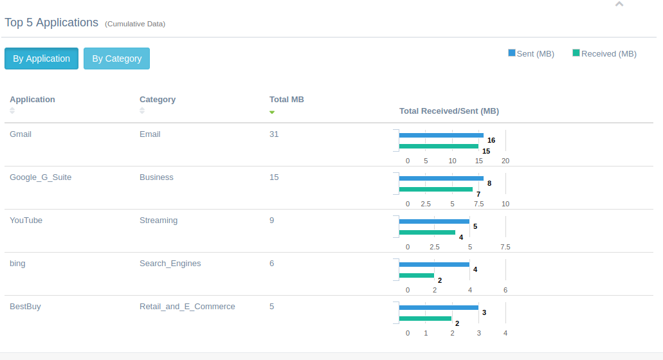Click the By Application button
(x=41, y=59)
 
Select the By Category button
(x=116, y=59)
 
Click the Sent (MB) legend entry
(x=531, y=53)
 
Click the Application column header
(x=32, y=100)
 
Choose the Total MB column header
(x=286, y=100)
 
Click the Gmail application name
(x=21, y=134)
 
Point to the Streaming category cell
(x=158, y=221)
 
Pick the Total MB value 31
(x=274, y=134)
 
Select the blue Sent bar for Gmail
(x=441, y=136)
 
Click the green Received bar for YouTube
(x=427, y=233)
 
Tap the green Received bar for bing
(x=417, y=276)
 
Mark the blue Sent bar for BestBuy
(x=439, y=308)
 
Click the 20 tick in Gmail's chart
(x=505, y=161)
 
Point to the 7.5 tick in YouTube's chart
(x=505, y=247)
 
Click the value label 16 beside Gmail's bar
(x=491, y=140)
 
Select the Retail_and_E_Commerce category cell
(x=187, y=307)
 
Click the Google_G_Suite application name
(x=41, y=177)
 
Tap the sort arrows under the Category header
(x=143, y=111)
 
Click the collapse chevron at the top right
(x=619, y=4)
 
